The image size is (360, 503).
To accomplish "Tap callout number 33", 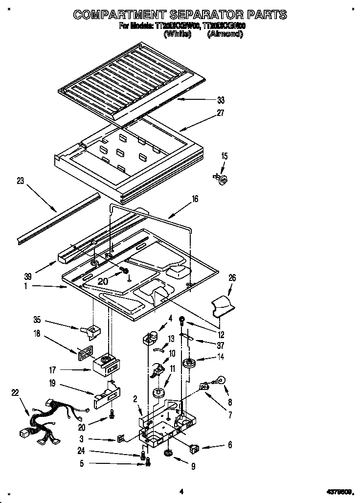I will coord(221,100).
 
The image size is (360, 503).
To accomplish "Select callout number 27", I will coord(221,113).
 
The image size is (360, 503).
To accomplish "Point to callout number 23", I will coord(20,180).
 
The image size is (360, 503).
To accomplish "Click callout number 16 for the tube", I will coord(195,199).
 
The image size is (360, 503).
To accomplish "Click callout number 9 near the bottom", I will coord(193,467).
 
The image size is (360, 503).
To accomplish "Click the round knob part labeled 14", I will coord(188,364).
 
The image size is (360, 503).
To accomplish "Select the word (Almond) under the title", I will coord(225,34).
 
